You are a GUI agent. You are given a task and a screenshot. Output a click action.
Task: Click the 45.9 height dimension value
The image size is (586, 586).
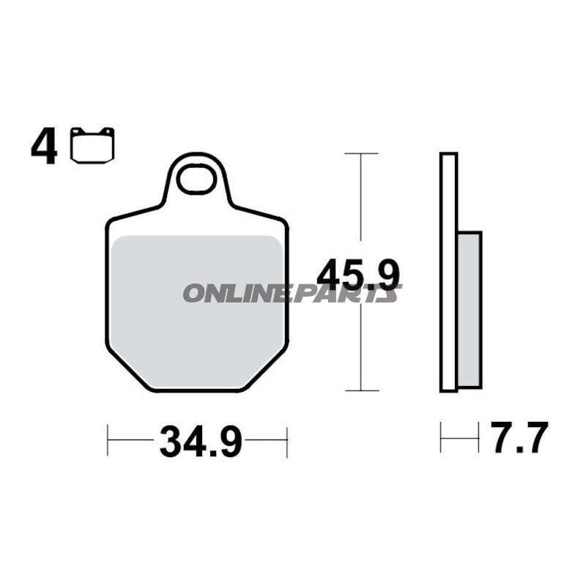(358, 275)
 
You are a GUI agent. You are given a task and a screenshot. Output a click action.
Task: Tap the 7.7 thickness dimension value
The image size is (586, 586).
(519, 437)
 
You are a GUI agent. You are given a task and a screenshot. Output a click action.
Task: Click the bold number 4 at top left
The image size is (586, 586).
(44, 147)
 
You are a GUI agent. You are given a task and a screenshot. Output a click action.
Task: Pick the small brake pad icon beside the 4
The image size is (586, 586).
(92, 145)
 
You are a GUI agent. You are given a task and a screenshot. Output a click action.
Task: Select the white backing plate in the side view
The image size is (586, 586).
(448, 272)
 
